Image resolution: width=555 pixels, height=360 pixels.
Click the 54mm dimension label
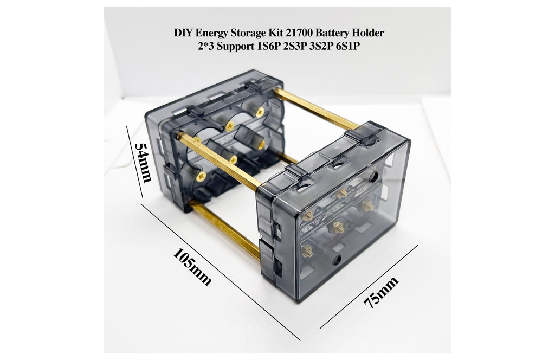143,163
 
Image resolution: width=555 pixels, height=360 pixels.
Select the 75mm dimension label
381,292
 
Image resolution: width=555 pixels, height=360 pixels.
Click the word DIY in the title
183,33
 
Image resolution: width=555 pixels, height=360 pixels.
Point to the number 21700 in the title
299,33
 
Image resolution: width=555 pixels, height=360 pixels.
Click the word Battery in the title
332,34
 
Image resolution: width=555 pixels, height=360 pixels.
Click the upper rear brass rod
316,108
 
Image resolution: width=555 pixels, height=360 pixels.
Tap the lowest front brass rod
225,230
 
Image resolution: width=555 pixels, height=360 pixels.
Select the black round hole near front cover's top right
374,176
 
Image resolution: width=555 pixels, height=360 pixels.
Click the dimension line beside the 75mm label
369,287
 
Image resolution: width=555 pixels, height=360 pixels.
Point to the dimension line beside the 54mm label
135,163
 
